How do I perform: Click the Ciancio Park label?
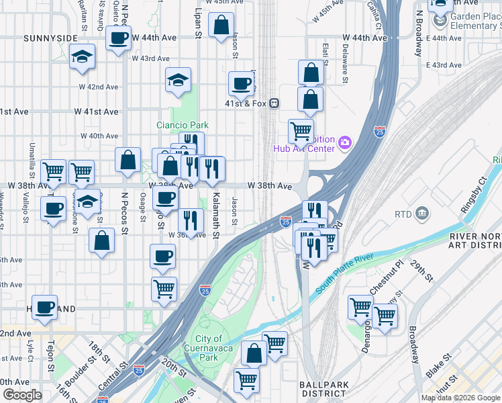182,125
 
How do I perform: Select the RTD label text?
403,214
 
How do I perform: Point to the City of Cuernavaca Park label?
218,348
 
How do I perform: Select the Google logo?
22,395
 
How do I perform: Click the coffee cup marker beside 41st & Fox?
242,85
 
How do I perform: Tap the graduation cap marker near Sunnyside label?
82,58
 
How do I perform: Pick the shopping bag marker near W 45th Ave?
221,26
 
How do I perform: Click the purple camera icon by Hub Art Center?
345,142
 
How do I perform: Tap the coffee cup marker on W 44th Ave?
119,38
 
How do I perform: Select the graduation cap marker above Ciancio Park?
179,81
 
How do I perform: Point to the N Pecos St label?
123,212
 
